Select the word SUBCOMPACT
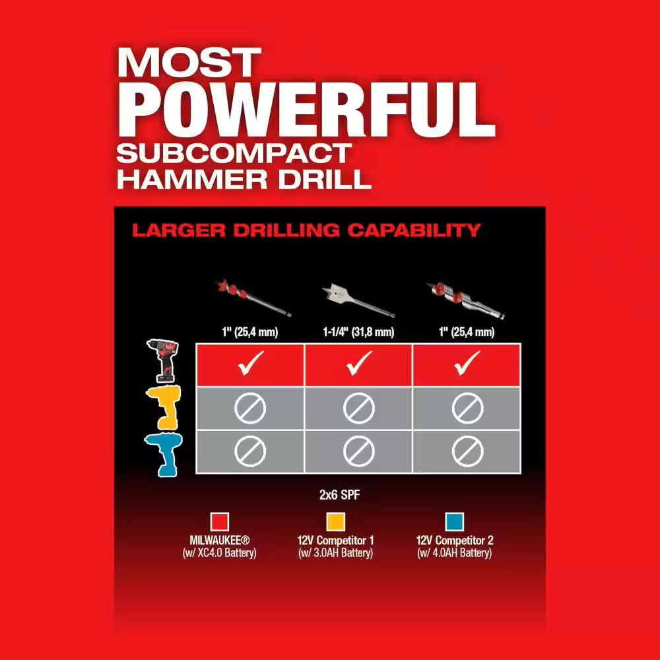(x=232, y=154)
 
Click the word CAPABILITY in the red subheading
(x=414, y=230)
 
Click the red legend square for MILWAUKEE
(x=219, y=521)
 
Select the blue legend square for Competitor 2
(x=455, y=521)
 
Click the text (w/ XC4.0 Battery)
(x=219, y=553)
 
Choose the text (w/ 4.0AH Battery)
(x=455, y=553)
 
